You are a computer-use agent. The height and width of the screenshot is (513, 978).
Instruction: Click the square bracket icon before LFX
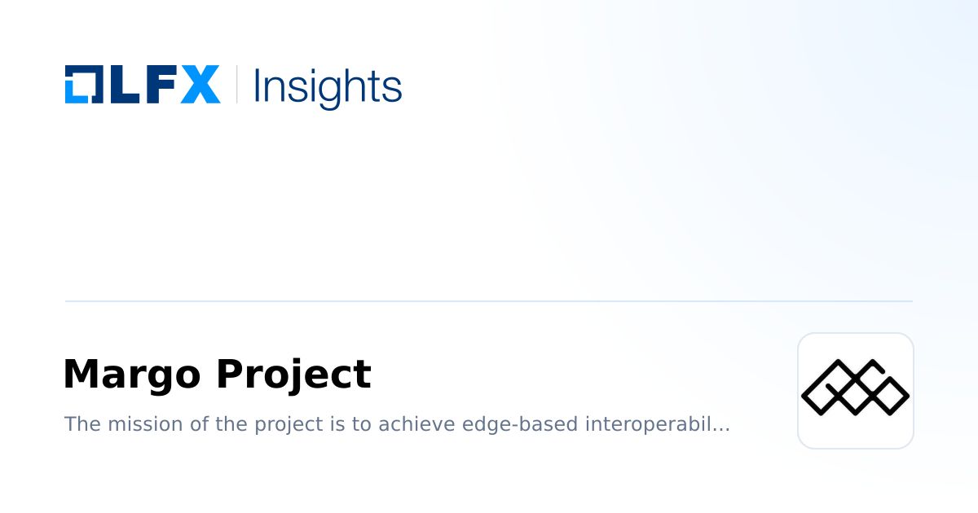click(x=83, y=84)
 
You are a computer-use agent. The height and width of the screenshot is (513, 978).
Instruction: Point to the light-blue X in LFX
click(x=200, y=84)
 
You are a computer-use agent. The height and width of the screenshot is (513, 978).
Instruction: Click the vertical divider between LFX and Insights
click(x=237, y=84)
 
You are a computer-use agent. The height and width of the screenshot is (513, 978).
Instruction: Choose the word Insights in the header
click(x=328, y=86)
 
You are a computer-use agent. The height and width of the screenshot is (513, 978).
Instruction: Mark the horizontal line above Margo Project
click(x=489, y=301)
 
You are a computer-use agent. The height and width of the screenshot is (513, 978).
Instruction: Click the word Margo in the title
click(x=131, y=375)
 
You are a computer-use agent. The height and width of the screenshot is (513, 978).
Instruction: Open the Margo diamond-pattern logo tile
click(x=856, y=391)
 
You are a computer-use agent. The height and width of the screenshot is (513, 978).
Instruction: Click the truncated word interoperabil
click(x=657, y=424)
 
